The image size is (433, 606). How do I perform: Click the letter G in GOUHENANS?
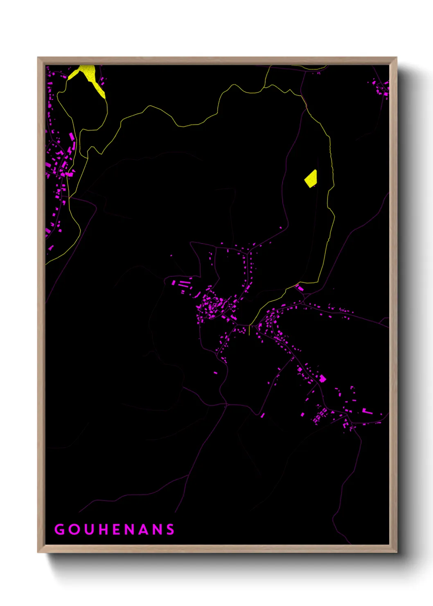59,529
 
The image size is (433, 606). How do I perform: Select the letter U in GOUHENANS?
89,529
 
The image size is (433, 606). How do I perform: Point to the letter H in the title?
104,529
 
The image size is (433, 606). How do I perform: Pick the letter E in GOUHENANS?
117,529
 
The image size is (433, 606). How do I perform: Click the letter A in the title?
144,529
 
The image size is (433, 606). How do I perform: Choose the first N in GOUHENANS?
130,529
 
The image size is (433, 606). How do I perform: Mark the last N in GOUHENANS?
157,529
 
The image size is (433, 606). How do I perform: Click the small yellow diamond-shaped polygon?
311,179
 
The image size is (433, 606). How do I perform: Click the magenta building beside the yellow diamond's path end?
300,288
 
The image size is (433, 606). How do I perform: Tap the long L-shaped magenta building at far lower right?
367,411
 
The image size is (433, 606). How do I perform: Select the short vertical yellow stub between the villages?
249,330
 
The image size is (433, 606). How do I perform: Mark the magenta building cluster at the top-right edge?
383,88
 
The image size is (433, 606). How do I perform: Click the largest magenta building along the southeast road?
322,378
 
